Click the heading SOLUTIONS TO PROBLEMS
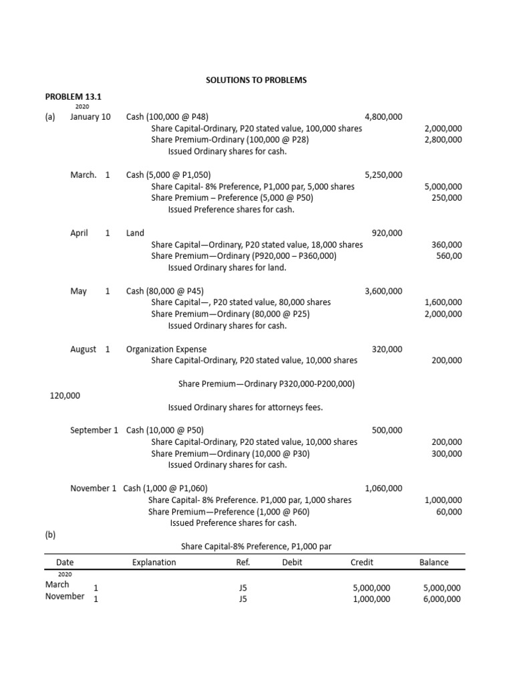[x=256, y=80]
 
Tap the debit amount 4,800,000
[x=383, y=116]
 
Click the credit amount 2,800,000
[x=443, y=140]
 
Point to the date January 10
[x=90, y=116]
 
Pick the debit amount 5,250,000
[x=383, y=175]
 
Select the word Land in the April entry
[x=135, y=233]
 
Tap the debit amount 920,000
[x=387, y=233]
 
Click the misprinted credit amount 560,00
[x=448, y=256]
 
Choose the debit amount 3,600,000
[x=383, y=291]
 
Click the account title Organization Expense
[x=166, y=349]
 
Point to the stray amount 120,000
[x=65, y=395]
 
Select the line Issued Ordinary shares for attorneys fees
[x=245, y=407]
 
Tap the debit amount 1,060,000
[x=383, y=488]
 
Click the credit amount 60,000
[x=448, y=512]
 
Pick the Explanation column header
[x=154, y=563]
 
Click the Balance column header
[x=434, y=563]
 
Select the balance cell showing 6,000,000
[x=442, y=599]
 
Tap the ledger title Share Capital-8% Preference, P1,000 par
[x=256, y=547]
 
